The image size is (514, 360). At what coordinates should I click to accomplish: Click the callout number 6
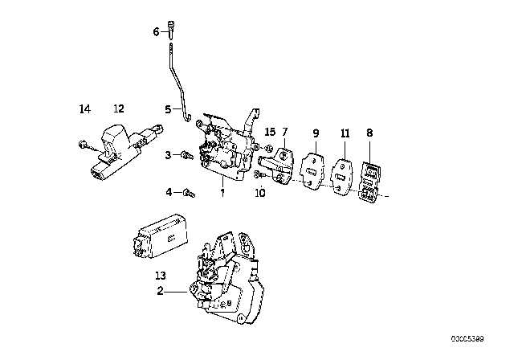coord(156,32)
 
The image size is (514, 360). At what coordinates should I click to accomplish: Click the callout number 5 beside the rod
coord(168,109)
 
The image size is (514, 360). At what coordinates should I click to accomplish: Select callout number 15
coord(269,132)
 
